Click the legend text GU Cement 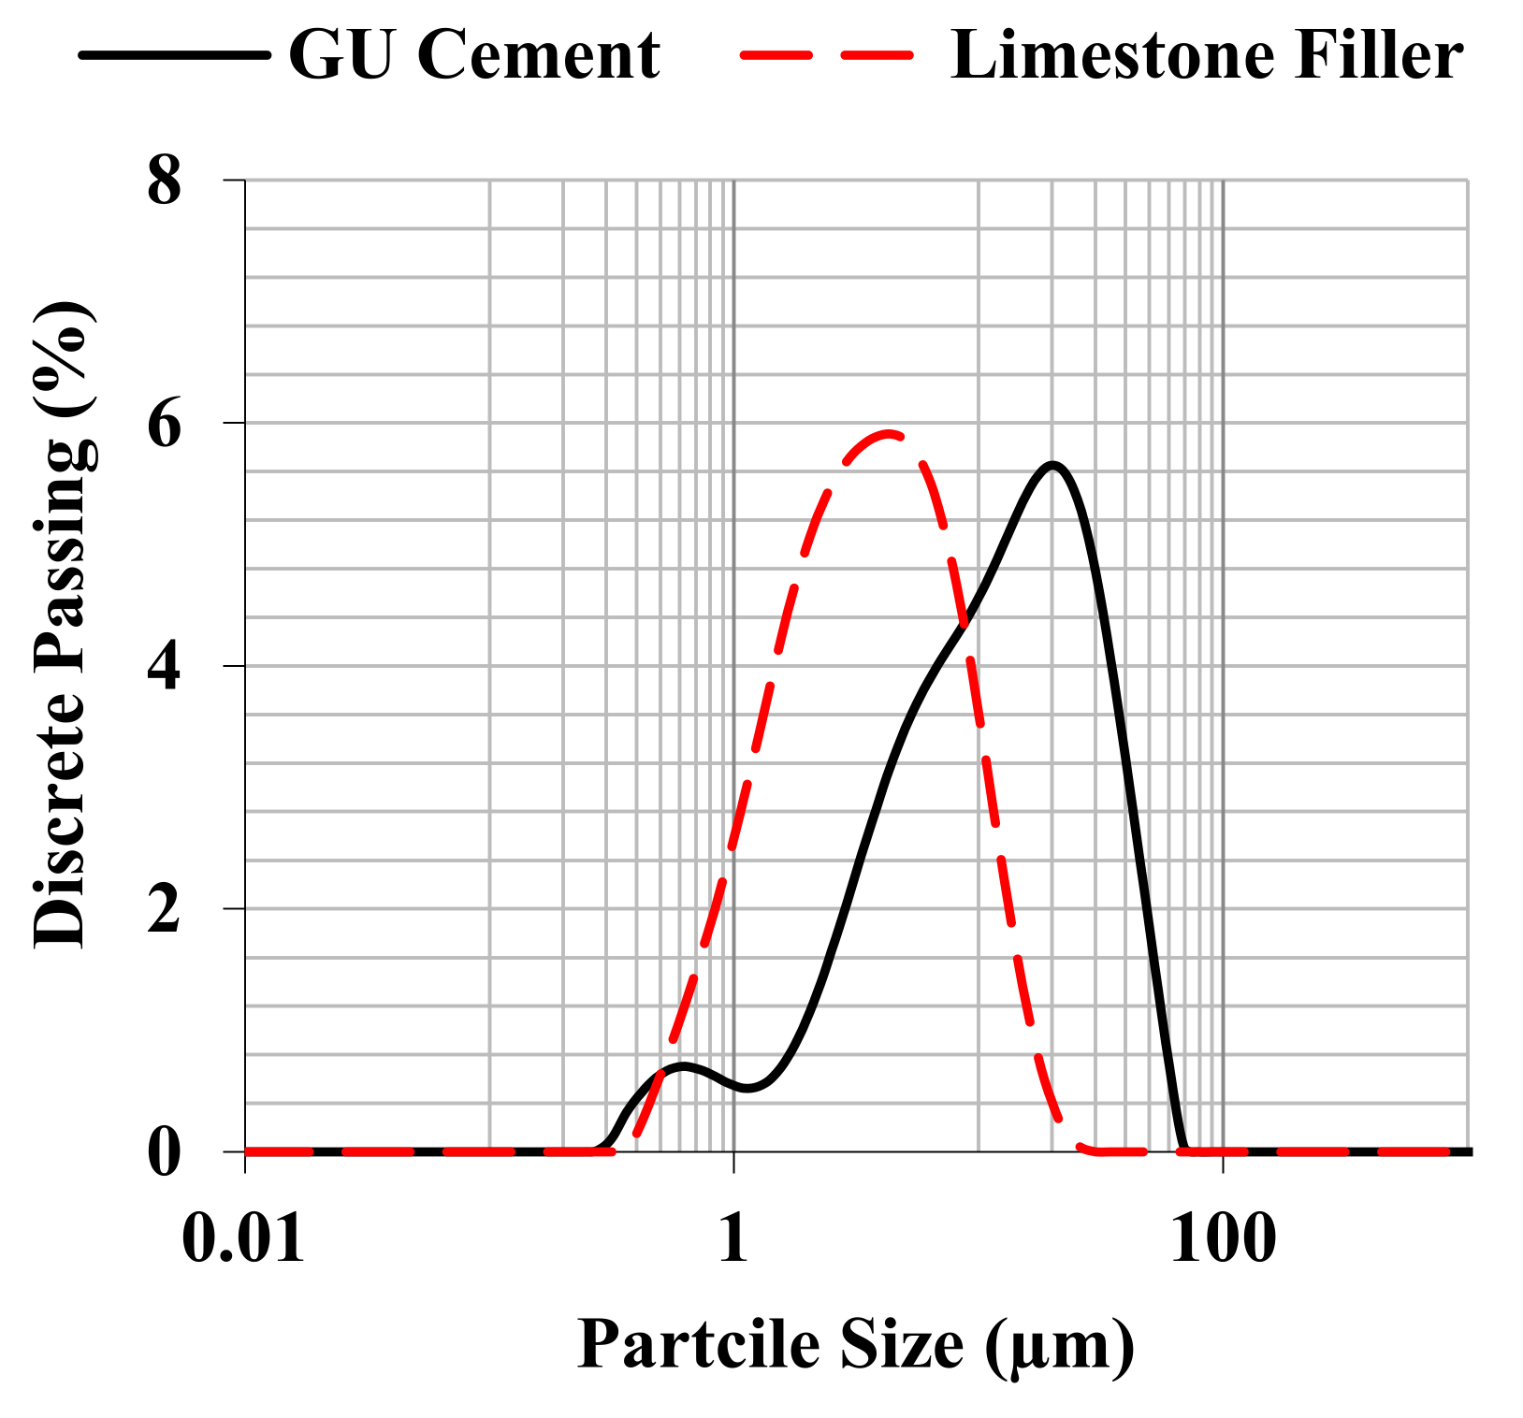click(473, 55)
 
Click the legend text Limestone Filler click(1206, 55)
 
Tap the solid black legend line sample click(174, 55)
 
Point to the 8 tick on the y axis click(165, 181)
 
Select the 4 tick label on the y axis click(165, 667)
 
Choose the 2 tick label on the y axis click(165, 909)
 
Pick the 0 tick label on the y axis click(165, 1152)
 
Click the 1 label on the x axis click(734, 1240)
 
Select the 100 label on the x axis click(1223, 1240)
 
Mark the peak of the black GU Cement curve click(1053, 465)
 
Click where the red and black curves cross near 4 click(964, 621)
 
